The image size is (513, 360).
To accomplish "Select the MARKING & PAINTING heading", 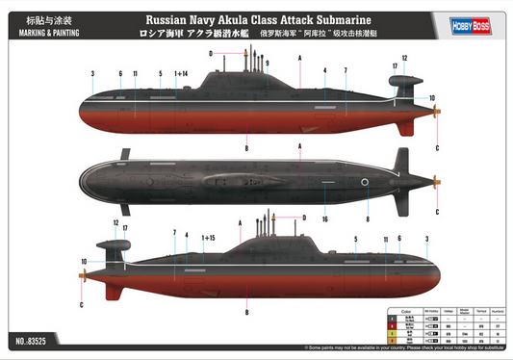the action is click(38, 31).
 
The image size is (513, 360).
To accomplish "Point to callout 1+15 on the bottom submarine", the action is click(208, 237).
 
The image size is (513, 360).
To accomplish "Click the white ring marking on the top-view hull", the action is click(364, 183).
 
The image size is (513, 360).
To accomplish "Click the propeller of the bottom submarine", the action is click(84, 275).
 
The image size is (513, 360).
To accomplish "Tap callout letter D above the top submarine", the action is click(210, 55).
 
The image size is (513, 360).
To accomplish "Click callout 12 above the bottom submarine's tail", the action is click(115, 223).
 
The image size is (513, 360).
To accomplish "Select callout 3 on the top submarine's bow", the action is click(91, 74).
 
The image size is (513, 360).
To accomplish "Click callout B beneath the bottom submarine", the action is click(247, 312).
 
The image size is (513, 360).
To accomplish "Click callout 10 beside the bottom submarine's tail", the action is click(84, 261).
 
